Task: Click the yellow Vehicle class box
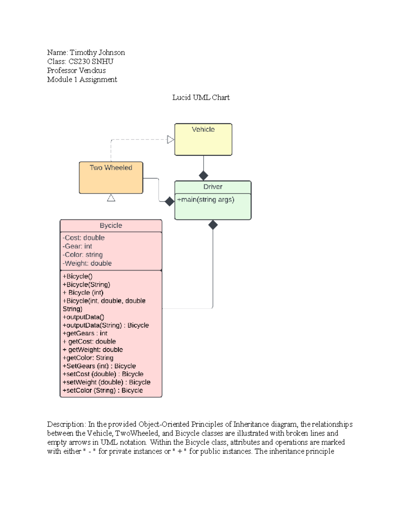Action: [203, 139]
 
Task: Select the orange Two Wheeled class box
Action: [111, 177]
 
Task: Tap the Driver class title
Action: [213, 187]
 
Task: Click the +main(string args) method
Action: [206, 200]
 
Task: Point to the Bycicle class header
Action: [111, 225]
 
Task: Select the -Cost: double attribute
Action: [84, 238]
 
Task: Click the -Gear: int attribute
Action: [77, 246]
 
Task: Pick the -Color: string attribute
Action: [83, 255]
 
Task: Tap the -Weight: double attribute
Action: [87, 263]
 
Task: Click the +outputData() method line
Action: [83, 317]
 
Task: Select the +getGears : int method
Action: [85, 333]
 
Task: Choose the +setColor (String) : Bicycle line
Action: [103, 390]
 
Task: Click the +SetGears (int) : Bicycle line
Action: [99, 366]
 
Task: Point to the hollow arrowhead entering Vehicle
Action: [171, 140]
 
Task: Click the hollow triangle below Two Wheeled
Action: [111, 198]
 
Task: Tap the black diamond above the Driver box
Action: [203, 175]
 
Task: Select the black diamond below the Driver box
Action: [213, 225]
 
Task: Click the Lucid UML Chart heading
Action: [201, 98]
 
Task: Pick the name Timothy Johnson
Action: [97, 53]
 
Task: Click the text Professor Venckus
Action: [76, 70]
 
